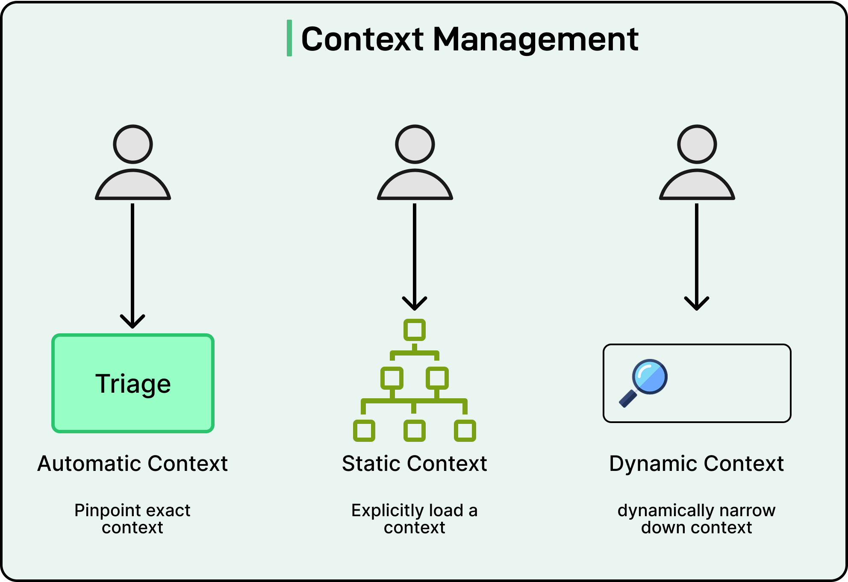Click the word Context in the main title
pyautogui.click(x=362, y=39)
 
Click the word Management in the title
pyautogui.click(x=536, y=39)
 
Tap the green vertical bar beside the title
pyautogui.click(x=289, y=38)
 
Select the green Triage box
pyautogui.click(x=133, y=383)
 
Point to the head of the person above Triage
pyautogui.click(x=133, y=144)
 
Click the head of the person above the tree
pyautogui.click(x=415, y=144)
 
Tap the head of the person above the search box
pyautogui.click(x=697, y=144)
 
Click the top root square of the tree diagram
pyautogui.click(x=415, y=330)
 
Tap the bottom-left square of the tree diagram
pyautogui.click(x=364, y=431)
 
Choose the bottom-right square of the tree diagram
pyautogui.click(x=465, y=431)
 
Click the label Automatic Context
pyautogui.click(x=132, y=464)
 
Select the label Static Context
pyautogui.click(x=415, y=464)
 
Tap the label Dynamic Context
pyautogui.click(x=697, y=464)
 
